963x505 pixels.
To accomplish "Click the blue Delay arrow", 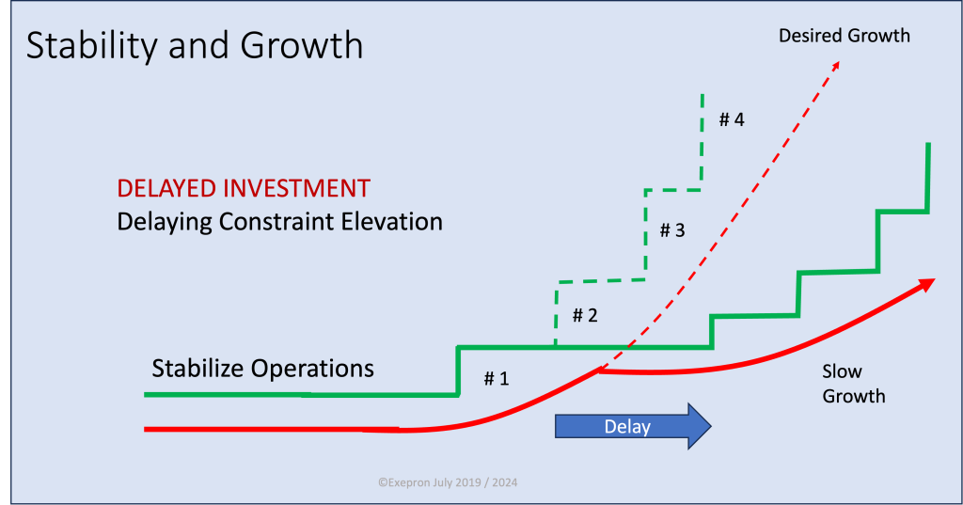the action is pyautogui.click(x=633, y=426).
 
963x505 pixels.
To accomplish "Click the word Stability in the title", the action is pyautogui.click(x=91, y=46).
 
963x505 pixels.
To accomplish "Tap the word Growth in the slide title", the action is pyautogui.click(x=302, y=45).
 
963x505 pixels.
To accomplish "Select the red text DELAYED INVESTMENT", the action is pyautogui.click(x=244, y=188).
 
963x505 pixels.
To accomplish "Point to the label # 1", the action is pyautogui.click(x=497, y=378).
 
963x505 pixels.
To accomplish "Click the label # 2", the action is pyautogui.click(x=585, y=315).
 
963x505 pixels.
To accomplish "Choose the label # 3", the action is pyautogui.click(x=671, y=229).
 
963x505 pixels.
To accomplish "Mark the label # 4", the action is pyautogui.click(x=732, y=119).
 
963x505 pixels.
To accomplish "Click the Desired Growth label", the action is pyautogui.click(x=845, y=36).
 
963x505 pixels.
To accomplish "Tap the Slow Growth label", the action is pyautogui.click(x=854, y=384).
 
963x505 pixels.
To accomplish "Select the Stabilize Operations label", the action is pyautogui.click(x=263, y=369).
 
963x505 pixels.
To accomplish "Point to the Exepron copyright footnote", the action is pyautogui.click(x=448, y=482).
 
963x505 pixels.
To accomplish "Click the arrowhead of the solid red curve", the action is pyautogui.click(x=927, y=284).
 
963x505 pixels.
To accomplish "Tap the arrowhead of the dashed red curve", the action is pyautogui.click(x=835, y=66).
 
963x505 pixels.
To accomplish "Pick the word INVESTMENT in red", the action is pyautogui.click(x=297, y=188).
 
